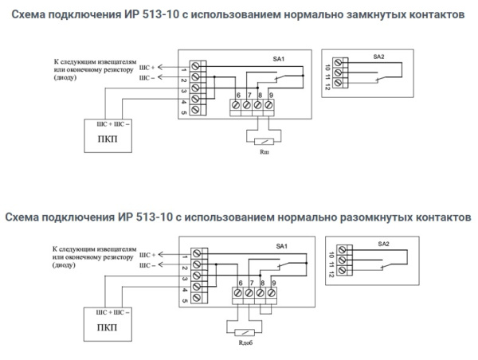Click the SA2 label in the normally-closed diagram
pos(378,57)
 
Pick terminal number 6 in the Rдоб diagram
pos(240,284)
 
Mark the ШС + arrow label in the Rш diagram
pos(147,68)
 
